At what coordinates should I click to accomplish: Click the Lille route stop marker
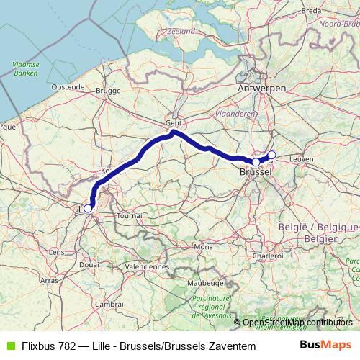tap(88, 208)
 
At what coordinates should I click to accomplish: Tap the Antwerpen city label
tap(261, 87)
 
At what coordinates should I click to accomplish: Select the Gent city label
tap(173, 122)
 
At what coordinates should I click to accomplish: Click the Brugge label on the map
tap(108, 91)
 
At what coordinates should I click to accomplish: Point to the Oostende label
tap(68, 86)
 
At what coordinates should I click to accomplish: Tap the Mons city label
tap(204, 246)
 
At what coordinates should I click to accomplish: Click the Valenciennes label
tap(146, 266)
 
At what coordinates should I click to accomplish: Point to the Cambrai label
tap(109, 305)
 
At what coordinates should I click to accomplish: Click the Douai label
tap(89, 265)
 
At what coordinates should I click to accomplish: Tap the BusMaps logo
tap(325, 346)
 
